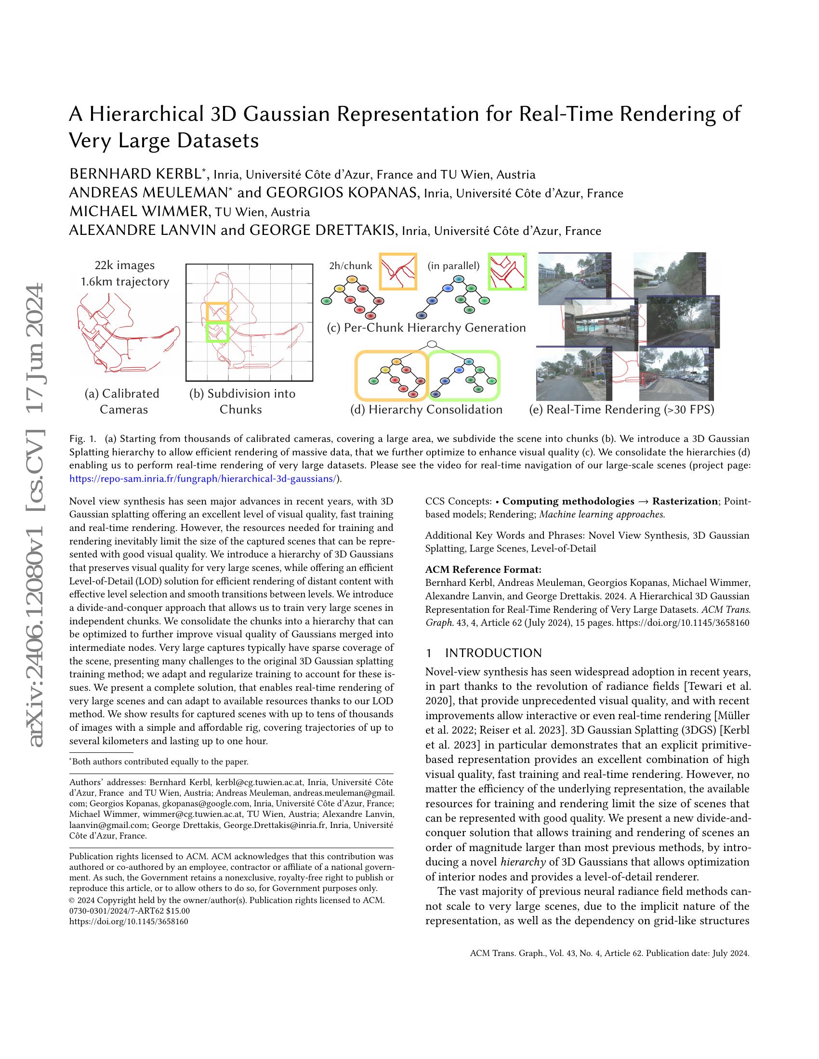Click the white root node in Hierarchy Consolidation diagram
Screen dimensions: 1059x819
coord(432,345)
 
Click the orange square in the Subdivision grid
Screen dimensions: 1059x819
coord(217,312)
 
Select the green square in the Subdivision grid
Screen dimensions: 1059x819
coord(217,332)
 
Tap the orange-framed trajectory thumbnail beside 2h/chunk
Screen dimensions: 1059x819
coord(398,272)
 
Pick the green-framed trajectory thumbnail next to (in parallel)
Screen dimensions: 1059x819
coord(507,272)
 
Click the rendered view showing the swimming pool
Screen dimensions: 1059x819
coord(599,322)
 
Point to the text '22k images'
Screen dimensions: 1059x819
coord(125,265)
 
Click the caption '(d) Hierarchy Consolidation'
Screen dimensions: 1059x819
coord(426,410)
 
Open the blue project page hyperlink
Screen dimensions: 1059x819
coord(203,478)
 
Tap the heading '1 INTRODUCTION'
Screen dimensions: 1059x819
coord(483,653)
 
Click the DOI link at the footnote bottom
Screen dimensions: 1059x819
coord(129,922)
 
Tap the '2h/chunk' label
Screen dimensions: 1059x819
coord(350,266)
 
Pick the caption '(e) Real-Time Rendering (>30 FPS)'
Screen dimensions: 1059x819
coord(621,410)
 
